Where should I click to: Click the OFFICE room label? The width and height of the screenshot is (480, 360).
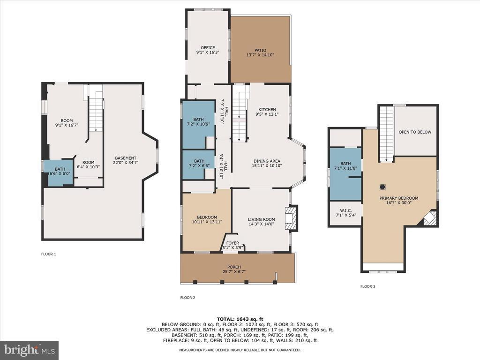[x=208, y=48]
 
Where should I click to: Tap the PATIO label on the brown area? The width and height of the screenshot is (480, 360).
[x=260, y=50]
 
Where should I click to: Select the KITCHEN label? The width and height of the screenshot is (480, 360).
[x=267, y=110]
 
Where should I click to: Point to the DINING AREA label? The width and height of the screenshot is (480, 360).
[x=267, y=161]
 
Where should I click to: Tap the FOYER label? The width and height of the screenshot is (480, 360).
[x=232, y=243]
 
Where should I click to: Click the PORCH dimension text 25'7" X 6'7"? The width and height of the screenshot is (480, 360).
[x=234, y=271]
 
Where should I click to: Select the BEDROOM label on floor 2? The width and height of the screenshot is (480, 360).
[x=207, y=217]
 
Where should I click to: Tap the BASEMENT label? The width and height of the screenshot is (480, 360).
[x=126, y=158]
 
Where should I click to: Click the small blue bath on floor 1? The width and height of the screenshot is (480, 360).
[x=59, y=172]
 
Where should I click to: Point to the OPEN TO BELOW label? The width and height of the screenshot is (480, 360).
[x=415, y=132]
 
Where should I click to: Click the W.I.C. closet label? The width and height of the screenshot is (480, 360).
[x=345, y=210]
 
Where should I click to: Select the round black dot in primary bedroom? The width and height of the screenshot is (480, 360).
[x=382, y=187]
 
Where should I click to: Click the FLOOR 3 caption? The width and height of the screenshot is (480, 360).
[x=367, y=286]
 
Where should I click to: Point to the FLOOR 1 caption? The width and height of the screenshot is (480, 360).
[x=49, y=254]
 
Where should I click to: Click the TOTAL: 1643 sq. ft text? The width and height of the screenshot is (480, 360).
[x=240, y=319]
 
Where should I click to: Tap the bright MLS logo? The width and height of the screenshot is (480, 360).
[x=30, y=350]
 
